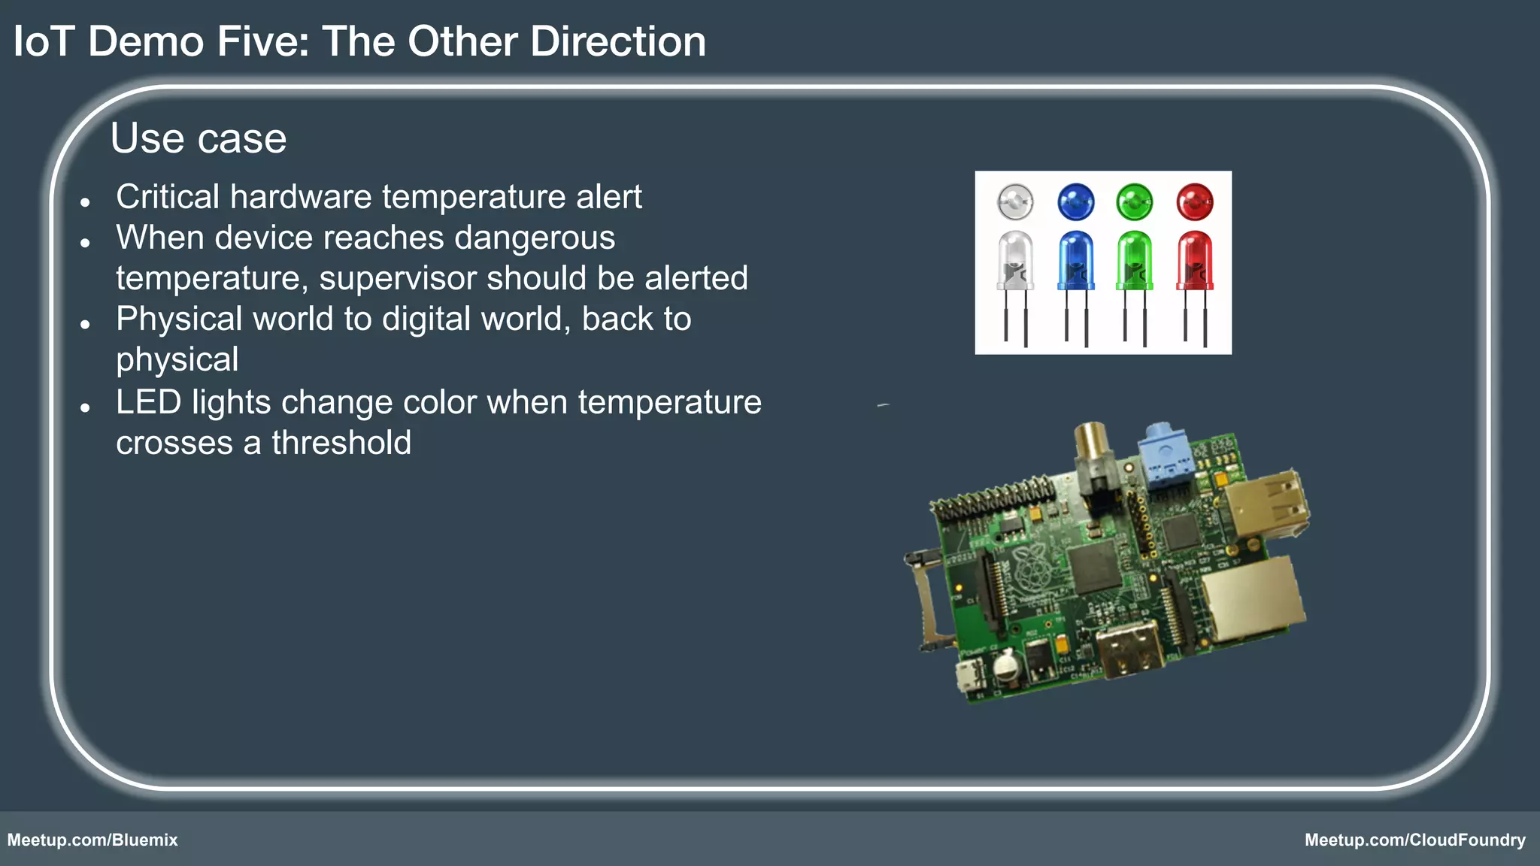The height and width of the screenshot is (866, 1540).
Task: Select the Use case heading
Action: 199,138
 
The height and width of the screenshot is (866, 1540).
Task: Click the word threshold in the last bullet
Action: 341,443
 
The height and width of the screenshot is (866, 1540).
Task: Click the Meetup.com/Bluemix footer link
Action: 92,840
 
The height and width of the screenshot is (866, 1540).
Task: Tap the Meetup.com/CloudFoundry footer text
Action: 1414,840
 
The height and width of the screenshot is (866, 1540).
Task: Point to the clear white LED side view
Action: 1015,259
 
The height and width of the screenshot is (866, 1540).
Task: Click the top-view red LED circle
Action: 1194,201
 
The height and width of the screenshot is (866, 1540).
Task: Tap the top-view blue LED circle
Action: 1075,201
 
